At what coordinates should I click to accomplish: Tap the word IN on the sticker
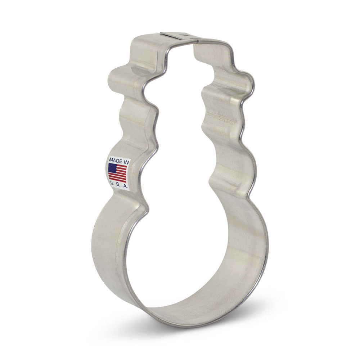click(126, 162)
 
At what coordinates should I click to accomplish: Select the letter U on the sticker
click(112, 183)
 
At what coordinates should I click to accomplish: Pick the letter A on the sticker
click(125, 186)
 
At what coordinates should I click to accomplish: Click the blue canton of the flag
click(112, 168)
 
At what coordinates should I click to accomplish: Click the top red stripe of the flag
click(122, 166)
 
